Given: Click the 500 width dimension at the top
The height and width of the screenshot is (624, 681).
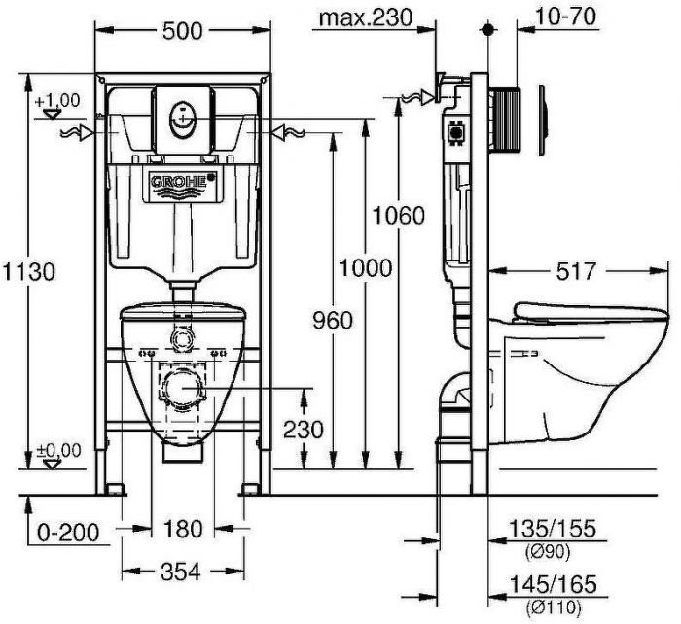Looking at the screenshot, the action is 183,31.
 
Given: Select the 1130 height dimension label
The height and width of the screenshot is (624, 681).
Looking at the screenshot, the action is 28,272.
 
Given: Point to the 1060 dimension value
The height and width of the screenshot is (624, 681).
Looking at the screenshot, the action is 398,215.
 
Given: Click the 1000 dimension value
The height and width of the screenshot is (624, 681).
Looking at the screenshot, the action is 365,267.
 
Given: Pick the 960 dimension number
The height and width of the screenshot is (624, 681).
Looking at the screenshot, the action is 333,321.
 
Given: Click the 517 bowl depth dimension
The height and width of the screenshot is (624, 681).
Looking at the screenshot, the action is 576,271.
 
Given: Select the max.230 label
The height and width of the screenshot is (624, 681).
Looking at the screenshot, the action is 365,17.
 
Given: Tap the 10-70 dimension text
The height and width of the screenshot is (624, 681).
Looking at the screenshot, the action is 565,17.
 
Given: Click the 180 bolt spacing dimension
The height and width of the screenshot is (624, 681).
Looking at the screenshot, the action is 183,529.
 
